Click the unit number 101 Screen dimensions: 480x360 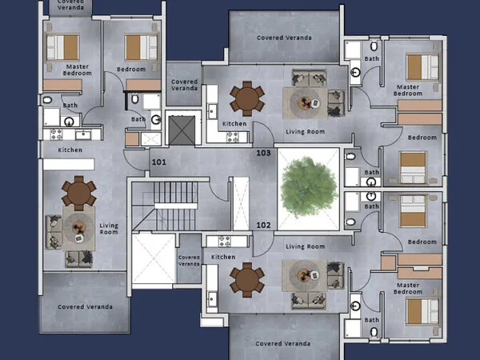click(159, 162)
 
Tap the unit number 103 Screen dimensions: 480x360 click(263, 153)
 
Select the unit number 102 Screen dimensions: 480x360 click(263, 226)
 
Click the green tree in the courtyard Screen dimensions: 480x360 click(308, 186)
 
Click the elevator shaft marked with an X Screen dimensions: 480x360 click(182, 130)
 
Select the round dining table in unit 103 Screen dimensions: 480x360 click(247, 98)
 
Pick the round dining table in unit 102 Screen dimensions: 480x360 click(247, 279)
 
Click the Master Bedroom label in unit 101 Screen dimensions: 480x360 click(77, 70)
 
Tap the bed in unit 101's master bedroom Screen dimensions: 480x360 click(62, 47)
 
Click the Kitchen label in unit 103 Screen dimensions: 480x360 click(234, 124)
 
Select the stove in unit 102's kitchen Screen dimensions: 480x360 click(224, 242)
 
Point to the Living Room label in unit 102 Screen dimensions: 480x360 click(306, 246)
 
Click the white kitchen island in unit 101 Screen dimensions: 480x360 click(69, 164)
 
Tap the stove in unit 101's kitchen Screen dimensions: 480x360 click(56, 134)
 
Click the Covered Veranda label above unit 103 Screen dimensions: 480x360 click(284, 38)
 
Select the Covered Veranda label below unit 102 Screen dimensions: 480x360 click(282, 343)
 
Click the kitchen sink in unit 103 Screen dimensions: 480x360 click(212, 111)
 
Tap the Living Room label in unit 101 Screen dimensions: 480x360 click(109, 229)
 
